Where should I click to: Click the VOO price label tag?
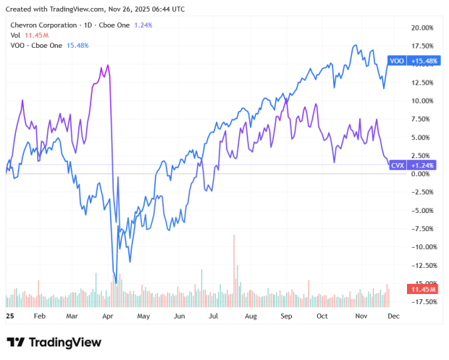pos(396,61)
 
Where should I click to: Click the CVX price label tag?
pos(397,165)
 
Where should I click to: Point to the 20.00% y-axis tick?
pos(421,28)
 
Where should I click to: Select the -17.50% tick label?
pos(421,301)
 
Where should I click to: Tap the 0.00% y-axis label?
pos(421,174)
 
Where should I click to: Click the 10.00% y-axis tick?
pos(421,101)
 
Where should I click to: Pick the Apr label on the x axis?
pos(108,317)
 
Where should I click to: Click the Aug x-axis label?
pos(251,317)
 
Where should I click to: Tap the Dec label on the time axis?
pos(393,317)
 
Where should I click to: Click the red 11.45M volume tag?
pos(422,289)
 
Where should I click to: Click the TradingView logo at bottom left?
pos(54,342)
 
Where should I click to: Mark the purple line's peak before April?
pos(108,65)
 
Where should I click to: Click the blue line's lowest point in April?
pos(115,282)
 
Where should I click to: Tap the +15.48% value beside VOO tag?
pos(423,61)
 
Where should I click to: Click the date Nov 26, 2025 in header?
pos(138,9)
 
